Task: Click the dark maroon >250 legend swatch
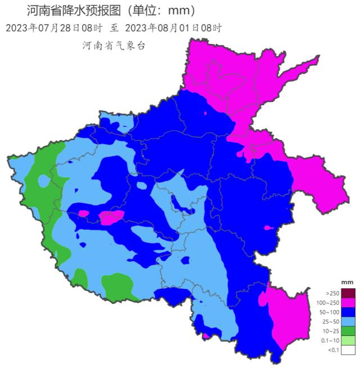[349, 293]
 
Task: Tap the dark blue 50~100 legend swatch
[349, 312]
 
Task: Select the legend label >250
[331, 293]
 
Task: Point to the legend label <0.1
[332, 350]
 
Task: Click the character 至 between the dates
[114, 28]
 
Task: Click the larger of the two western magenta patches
[111, 217]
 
